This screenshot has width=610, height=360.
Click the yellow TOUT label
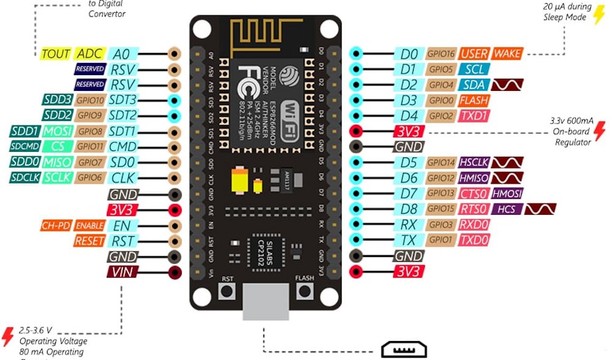(x=56, y=53)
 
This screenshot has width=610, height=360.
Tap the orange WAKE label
(x=508, y=54)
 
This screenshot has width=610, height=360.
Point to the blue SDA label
(x=473, y=85)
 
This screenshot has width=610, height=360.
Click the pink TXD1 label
(x=475, y=116)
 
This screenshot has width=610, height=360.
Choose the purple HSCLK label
(x=474, y=162)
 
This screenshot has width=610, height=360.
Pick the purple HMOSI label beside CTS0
(x=506, y=193)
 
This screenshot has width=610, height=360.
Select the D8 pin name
(x=408, y=209)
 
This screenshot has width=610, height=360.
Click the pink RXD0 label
(x=475, y=225)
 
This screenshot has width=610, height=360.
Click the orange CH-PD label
(x=56, y=226)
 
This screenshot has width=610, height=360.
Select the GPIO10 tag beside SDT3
(x=91, y=100)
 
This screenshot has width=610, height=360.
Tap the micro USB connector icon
(x=404, y=350)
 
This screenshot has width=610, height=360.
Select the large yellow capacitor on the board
(x=239, y=181)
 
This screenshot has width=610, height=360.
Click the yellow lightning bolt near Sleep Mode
(x=599, y=13)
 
